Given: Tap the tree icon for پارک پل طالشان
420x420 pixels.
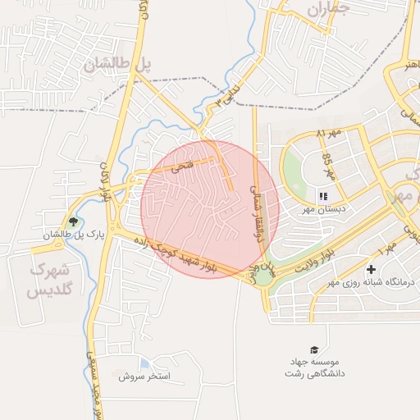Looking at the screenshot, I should (75, 221).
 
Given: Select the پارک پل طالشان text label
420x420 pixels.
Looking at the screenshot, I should (75, 235).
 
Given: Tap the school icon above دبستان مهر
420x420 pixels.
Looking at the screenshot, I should (322, 197).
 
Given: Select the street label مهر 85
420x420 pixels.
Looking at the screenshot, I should (328, 165).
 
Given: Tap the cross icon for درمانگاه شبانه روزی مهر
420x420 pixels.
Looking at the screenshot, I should (371, 269).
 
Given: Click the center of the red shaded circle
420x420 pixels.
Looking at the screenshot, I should (210, 208).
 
